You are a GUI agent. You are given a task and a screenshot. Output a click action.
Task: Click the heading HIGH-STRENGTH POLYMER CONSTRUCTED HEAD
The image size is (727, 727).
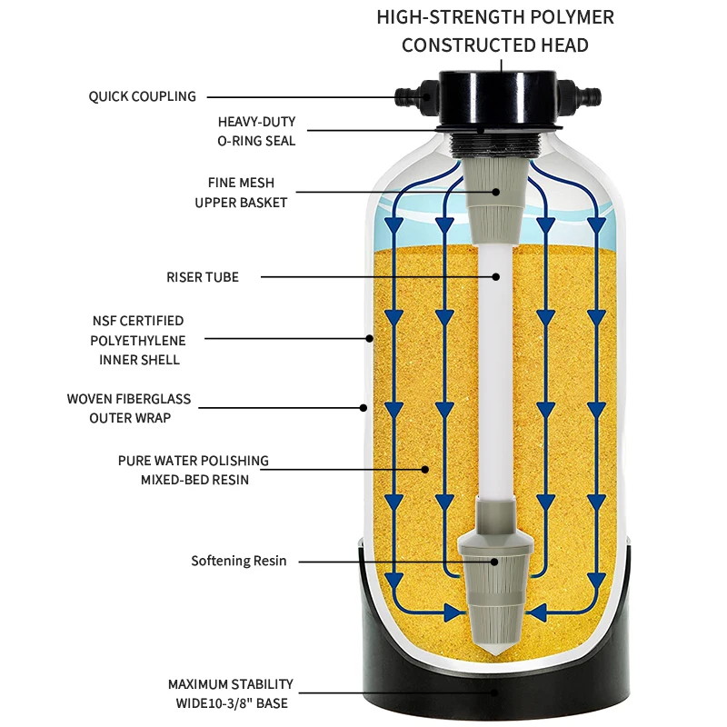[495, 31]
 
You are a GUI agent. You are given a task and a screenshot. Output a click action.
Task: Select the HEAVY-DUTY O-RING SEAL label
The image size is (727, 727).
[256, 131]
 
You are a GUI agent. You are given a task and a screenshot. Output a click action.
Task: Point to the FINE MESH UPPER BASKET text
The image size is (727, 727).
[241, 193]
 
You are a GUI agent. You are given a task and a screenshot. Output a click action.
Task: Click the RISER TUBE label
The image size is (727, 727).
[202, 276]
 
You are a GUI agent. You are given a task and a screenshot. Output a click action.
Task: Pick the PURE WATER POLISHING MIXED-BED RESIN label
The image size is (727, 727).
[194, 470]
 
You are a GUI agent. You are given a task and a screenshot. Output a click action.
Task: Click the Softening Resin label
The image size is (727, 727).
[238, 561]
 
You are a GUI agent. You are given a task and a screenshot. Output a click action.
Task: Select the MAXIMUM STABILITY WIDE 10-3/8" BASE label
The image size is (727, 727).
[231, 692]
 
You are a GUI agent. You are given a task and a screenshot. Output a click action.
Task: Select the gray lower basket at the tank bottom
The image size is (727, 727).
[495, 591]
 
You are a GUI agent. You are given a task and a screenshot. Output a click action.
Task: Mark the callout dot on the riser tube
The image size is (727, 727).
[495, 276]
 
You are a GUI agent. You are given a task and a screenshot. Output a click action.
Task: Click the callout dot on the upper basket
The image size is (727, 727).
[496, 192]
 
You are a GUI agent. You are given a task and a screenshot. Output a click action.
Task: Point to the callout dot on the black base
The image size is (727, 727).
[495, 692]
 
